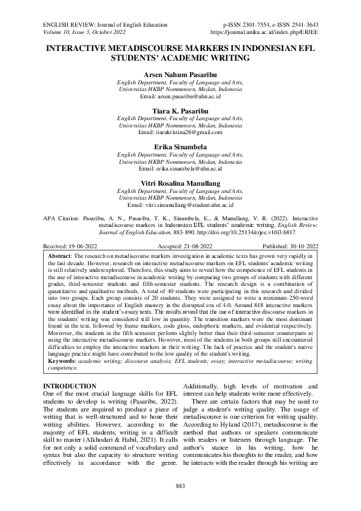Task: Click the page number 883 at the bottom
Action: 180,486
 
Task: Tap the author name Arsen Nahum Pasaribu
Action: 180,74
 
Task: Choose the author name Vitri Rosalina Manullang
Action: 180,183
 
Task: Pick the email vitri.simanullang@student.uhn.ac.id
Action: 189,206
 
